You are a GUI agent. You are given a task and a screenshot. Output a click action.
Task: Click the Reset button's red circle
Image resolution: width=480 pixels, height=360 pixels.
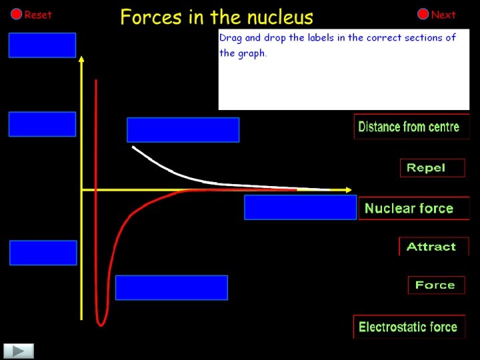coord(16,15)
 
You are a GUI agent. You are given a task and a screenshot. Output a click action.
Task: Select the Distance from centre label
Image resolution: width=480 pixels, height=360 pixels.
coord(409,127)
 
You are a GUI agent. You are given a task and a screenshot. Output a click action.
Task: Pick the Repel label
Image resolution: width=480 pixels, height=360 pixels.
coord(432,168)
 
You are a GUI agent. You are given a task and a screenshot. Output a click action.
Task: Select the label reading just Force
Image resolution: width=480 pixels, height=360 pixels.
coord(436,285)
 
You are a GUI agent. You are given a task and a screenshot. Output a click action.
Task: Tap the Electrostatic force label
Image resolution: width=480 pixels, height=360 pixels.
coord(408,327)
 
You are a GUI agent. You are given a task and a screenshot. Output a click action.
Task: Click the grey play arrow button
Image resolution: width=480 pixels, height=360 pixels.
coord(19,351)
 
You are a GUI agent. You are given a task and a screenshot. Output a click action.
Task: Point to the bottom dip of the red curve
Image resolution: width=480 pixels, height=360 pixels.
coord(101,323)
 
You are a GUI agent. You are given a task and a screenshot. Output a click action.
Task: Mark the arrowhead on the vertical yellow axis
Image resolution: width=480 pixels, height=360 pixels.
coord(81,60)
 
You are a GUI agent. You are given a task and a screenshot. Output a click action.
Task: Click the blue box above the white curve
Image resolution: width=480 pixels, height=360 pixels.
coord(183,130)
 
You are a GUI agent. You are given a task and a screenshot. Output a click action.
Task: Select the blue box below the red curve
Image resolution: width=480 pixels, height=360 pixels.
coord(171,287)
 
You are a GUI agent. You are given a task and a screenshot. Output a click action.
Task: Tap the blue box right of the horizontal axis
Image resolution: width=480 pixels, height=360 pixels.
coord(300,207)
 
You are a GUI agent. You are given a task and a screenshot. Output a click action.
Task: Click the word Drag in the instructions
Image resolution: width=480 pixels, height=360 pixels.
coord(231,38)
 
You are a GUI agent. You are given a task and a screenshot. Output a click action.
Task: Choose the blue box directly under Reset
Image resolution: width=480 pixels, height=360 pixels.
coord(42,45)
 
